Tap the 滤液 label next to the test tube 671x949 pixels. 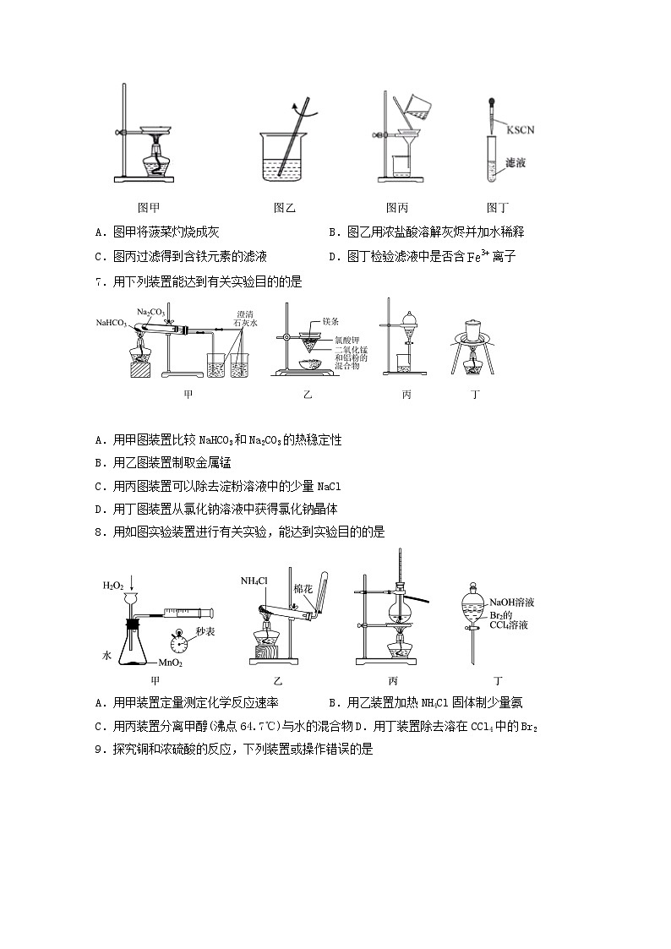(x=515, y=162)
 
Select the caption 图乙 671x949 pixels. (x=285, y=208)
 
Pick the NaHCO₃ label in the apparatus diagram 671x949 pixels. (x=112, y=323)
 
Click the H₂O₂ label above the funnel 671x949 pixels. (x=114, y=585)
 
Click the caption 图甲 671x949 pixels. (x=149, y=208)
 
